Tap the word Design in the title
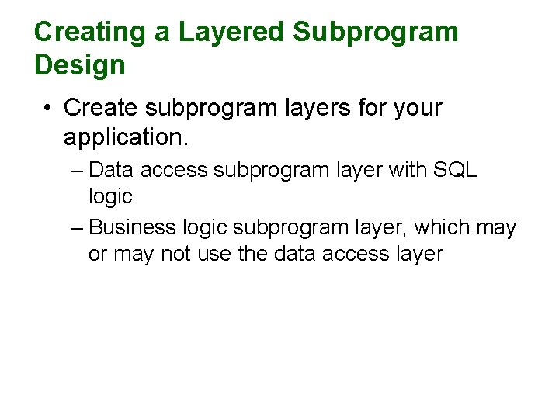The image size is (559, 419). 79,65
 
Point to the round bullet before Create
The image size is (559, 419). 48,108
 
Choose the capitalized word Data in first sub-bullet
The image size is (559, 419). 116,170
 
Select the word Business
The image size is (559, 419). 133,228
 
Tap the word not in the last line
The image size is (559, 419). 178,255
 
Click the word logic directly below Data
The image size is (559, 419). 110,197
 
